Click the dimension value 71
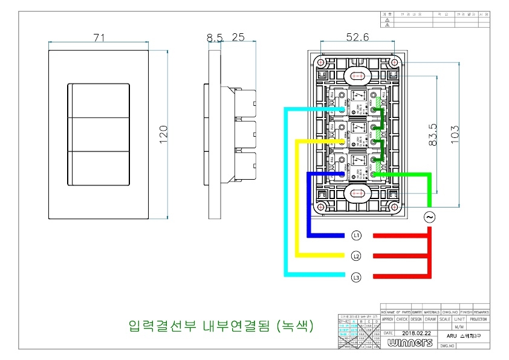point(99,37)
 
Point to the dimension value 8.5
point(215,38)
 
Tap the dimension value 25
point(238,38)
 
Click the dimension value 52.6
point(357,38)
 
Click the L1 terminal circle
point(357,235)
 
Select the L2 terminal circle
point(357,256)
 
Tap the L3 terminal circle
point(357,277)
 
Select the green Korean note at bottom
point(221,326)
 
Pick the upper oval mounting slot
point(356,76)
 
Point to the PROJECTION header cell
point(478,319)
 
